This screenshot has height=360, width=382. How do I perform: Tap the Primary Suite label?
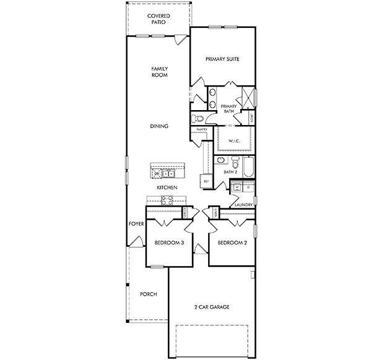click(x=222, y=59)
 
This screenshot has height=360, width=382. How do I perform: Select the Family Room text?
click(x=160, y=72)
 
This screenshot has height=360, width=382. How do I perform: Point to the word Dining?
click(x=159, y=126)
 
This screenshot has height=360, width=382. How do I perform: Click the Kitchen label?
click(x=167, y=187)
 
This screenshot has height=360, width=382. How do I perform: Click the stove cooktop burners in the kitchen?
click(x=167, y=199)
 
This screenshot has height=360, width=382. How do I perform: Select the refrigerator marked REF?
click(x=206, y=181)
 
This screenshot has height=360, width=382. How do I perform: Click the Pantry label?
click(x=202, y=130)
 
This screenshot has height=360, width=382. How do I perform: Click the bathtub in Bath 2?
click(x=248, y=167)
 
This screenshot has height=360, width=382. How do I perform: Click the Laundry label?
click(x=241, y=204)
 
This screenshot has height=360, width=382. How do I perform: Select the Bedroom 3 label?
click(x=170, y=243)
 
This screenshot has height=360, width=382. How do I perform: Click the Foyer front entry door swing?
click(x=139, y=243)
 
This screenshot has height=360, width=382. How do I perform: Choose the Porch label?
click(x=148, y=294)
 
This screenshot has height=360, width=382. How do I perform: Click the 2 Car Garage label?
click(x=211, y=307)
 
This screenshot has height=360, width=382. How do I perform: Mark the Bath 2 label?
click(x=230, y=172)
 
